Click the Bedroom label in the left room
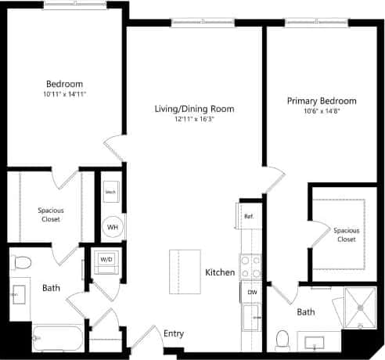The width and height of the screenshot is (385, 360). [64, 84]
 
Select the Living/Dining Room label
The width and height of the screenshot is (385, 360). [194, 109]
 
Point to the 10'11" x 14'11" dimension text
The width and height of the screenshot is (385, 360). [64, 95]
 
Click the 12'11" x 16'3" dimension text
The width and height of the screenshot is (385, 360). [194, 119]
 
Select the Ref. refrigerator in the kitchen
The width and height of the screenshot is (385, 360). [247, 216]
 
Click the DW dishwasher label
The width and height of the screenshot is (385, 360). [252, 292]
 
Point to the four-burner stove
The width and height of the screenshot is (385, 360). [250, 266]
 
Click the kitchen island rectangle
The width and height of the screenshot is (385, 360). [185, 270]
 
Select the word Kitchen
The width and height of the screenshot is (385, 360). [220, 272]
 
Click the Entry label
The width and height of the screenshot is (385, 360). [173, 333]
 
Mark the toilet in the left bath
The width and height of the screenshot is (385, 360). [23, 262]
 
